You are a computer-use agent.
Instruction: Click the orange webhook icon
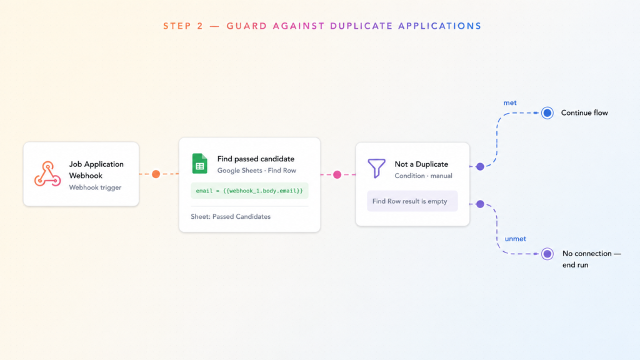47,174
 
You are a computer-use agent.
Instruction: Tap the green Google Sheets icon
199,164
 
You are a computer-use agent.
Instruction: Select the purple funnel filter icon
376,168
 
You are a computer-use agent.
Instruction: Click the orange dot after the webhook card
156,174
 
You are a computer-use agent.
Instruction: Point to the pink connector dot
337,175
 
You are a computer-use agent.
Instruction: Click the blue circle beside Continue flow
547,113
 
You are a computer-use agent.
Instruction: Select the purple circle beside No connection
547,254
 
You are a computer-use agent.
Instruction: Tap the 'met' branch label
510,103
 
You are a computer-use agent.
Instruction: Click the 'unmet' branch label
516,239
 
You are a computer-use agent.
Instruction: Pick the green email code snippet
249,191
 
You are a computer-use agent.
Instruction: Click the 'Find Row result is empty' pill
412,201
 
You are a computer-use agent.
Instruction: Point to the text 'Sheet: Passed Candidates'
231,217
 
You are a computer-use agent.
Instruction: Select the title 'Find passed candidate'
256,159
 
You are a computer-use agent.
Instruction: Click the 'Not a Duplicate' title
421,164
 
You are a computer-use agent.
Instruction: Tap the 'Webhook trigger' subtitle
95,187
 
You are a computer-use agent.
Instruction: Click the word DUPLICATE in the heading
361,26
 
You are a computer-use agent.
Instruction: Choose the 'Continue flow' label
584,113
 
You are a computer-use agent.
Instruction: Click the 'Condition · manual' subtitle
423,176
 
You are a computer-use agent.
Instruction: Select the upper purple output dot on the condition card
481,166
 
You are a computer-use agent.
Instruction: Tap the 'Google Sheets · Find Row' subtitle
257,171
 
